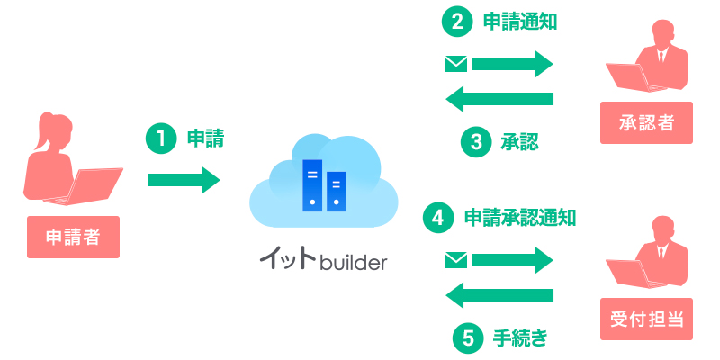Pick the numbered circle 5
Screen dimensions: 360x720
(467, 338)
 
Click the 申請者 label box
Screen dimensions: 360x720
(73, 238)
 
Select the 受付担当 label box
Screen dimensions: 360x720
(646, 319)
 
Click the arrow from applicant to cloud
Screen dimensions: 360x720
(184, 180)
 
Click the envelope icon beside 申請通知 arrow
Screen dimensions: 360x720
(456, 64)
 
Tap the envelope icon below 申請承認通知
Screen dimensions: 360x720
(456, 261)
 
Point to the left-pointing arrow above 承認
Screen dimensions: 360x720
(499, 98)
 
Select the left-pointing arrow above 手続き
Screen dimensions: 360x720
(499, 294)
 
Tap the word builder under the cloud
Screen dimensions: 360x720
(354, 263)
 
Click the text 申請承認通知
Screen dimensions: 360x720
(519, 218)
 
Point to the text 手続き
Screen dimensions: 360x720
(519, 338)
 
